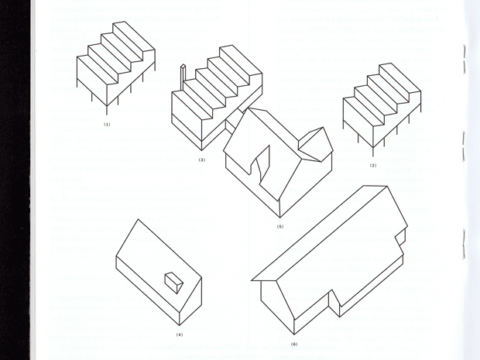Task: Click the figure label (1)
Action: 107,125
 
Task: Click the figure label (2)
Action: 373,166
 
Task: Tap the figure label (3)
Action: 202,159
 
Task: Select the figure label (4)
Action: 180,334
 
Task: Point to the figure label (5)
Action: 280,227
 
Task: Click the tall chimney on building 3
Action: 183,77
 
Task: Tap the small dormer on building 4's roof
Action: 174,283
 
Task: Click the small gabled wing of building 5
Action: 316,144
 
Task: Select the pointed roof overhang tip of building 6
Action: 252,279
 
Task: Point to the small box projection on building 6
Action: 400,237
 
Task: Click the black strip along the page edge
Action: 15,180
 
